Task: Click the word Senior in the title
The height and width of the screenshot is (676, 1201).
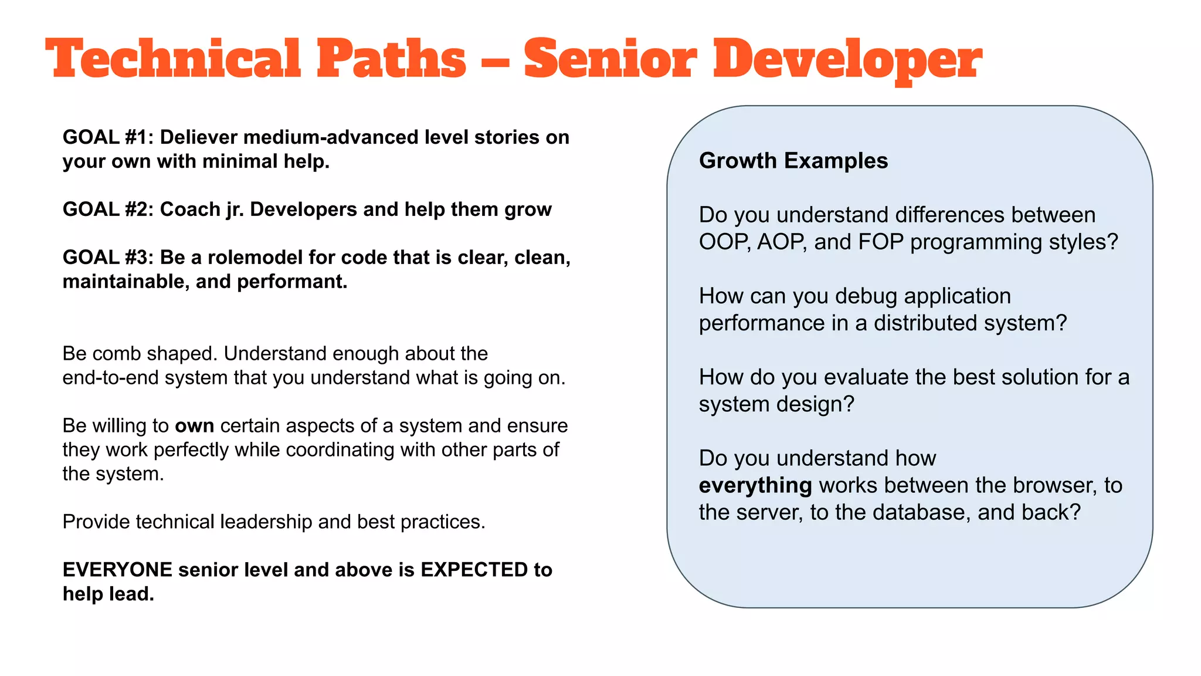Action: [610, 59]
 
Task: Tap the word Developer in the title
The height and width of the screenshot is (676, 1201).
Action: [847, 59]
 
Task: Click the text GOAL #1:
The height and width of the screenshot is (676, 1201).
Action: [108, 137]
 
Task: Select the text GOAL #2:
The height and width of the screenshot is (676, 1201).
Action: [108, 209]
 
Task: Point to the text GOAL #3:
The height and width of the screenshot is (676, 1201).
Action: [108, 258]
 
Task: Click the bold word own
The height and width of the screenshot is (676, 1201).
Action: [194, 425]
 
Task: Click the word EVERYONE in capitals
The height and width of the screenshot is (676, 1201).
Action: [117, 570]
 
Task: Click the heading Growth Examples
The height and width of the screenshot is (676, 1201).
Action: [793, 161]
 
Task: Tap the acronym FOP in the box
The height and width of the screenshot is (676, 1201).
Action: [881, 242]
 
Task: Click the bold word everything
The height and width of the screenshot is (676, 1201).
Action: [755, 486]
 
